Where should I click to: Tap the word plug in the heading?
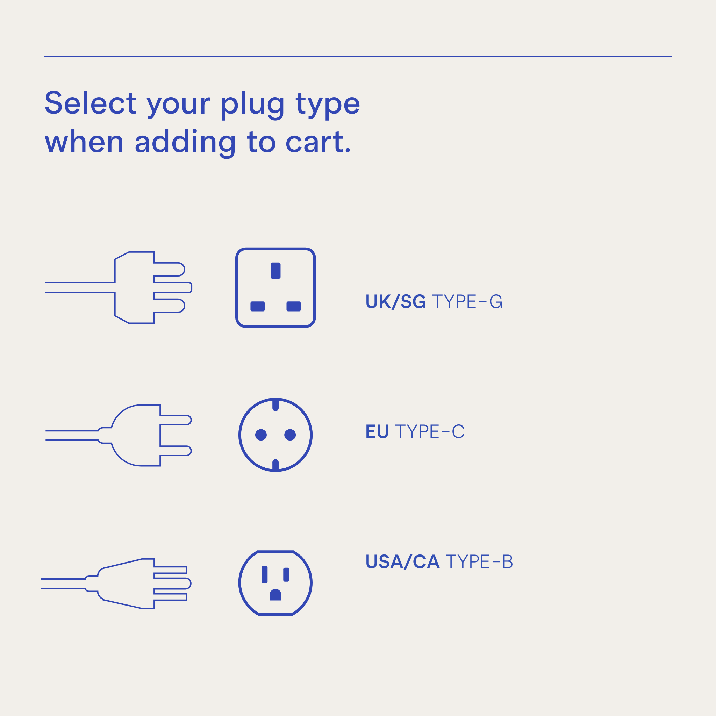(252, 105)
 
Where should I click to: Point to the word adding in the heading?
(185, 142)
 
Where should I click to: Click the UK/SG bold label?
(395, 302)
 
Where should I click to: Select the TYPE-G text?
(467, 302)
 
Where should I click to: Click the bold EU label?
(377, 432)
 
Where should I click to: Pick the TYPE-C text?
(430, 432)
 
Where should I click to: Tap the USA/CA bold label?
(402, 562)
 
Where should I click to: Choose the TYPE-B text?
(479, 562)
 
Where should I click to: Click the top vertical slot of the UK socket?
(275, 271)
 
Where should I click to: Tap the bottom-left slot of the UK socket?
(258, 307)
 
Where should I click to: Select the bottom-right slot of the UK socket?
(294, 307)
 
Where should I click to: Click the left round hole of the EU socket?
(261, 435)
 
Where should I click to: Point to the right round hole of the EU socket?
(290, 435)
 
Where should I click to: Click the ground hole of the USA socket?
(275, 595)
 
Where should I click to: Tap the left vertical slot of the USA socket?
(265, 575)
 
